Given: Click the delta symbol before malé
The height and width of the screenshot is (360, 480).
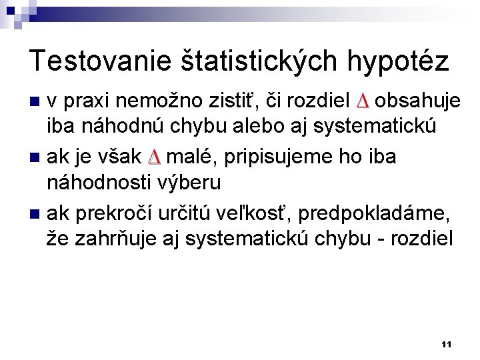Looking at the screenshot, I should (x=153, y=157).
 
